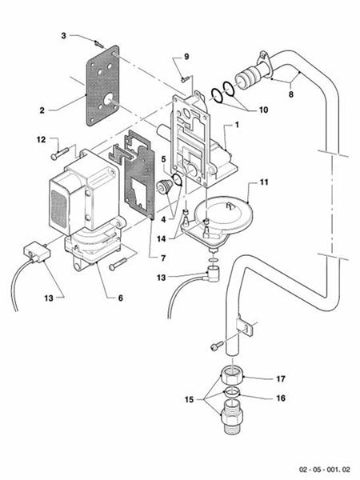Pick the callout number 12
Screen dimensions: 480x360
(40, 141)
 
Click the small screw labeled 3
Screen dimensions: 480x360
(98, 42)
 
